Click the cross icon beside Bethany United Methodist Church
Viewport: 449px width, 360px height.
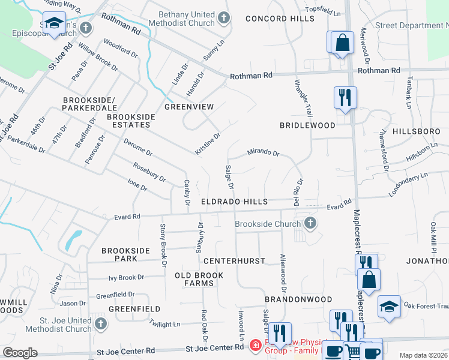point(224,18)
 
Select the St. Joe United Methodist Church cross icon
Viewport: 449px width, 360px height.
point(100,324)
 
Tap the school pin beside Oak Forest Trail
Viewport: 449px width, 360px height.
point(389,306)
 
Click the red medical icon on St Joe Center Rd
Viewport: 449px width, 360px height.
point(255,346)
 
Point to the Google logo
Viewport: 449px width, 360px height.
point(20,353)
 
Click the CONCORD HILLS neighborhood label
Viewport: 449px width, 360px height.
point(272,19)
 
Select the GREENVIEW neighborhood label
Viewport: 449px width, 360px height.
point(189,106)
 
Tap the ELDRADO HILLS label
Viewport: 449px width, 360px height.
point(234,202)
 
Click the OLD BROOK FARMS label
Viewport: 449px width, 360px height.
point(199,279)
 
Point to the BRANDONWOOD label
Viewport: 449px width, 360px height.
point(298,299)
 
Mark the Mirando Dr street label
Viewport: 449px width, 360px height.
point(264,154)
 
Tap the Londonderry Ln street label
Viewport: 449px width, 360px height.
point(408,181)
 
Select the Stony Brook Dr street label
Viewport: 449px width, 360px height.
point(163,245)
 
